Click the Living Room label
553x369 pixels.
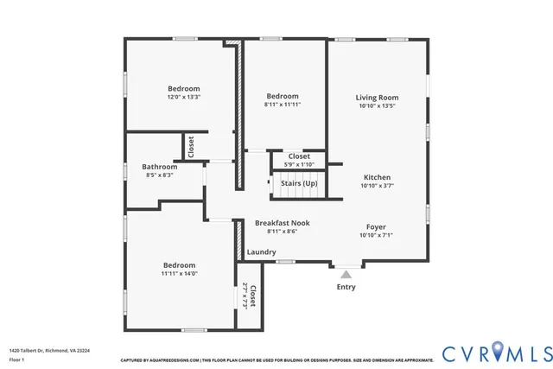[x=377, y=98]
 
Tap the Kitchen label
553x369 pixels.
[x=377, y=177]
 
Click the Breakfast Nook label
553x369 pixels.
[x=282, y=223]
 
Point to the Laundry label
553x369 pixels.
[x=261, y=252]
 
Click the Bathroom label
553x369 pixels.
[x=159, y=167]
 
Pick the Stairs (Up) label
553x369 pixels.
[x=299, y=184]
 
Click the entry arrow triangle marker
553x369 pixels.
[x=346, y=274]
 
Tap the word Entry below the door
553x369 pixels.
[x=346, y=287]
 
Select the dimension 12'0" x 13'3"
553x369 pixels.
[x=183, y=97]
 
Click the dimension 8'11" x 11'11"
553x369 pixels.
[x=282, y=105]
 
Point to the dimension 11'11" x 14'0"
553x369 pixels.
[x=179, y=274]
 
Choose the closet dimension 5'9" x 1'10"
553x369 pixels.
[x=299, y=164]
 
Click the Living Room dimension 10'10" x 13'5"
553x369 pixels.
[x=377, y=106]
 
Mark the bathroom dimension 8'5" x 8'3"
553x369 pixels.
[x=159, y=175]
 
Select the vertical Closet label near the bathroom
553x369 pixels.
[x=191, y=146]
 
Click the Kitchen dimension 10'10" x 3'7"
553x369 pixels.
[x=377, y=186]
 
